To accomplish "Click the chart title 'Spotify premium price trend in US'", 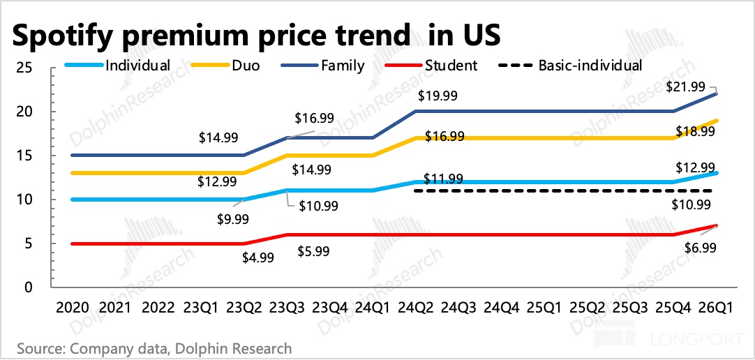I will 255,34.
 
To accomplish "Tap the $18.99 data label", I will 696,131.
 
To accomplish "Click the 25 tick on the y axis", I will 26,68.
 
